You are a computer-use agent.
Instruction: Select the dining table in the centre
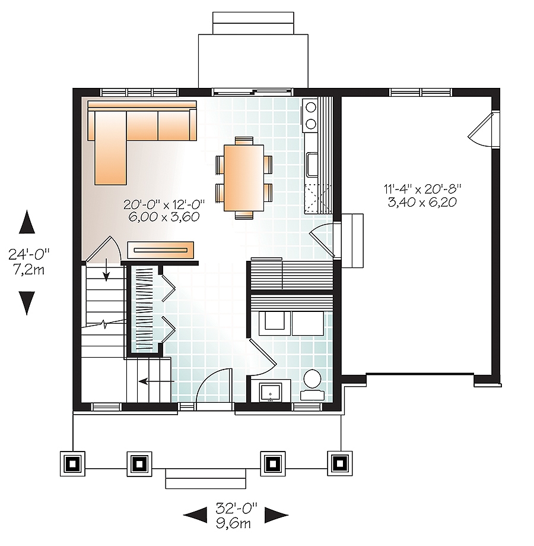click(x=244, y=177)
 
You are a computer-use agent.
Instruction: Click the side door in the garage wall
click(x=482, y=128)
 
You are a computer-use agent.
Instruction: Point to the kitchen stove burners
click(x=310, y=115)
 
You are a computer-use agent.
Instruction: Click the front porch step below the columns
click(x=205, y=478)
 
